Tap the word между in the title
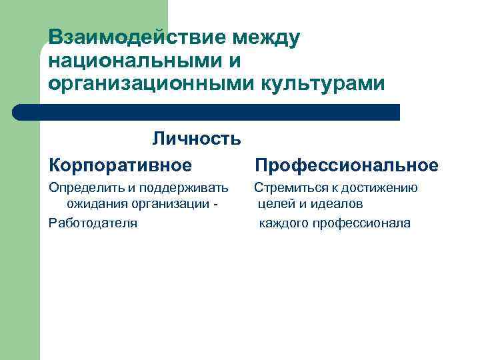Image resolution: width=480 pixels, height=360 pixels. (x=265, y=37)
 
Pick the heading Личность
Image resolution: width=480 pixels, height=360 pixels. (x=196, y=139)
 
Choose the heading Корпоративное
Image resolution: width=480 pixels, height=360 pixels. (x=120, y=164)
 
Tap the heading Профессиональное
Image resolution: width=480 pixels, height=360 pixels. (x=347, y=165)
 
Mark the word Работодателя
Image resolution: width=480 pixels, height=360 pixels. (x=93, y=223)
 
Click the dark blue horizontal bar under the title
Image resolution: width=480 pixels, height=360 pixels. (x=207, y=112)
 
